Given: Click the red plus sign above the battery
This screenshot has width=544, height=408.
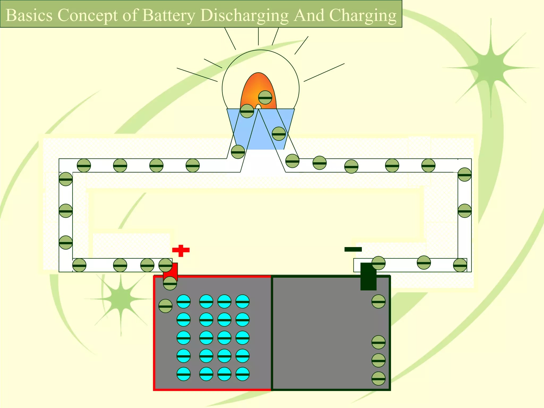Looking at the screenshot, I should coord(181,250).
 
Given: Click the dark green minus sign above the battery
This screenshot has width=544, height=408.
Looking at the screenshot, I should coord(353,249).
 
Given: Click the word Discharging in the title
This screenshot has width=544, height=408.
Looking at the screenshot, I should coord(244,15).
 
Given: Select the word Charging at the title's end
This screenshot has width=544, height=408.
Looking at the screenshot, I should coord(363,15).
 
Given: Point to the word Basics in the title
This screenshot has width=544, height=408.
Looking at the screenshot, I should coord(29,15).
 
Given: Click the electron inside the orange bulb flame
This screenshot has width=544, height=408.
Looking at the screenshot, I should coord(265,97).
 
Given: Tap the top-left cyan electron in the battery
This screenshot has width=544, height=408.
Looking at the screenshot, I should coord(184,301).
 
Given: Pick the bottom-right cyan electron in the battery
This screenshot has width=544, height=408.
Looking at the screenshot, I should coord(242,374).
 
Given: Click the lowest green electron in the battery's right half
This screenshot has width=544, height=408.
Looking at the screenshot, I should coord(378,379).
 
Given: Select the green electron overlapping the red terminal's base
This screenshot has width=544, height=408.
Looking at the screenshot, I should coord(170,283).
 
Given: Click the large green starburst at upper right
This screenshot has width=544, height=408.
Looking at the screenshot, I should coord(490,66).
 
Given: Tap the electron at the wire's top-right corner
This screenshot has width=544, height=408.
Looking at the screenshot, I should coord(464,175).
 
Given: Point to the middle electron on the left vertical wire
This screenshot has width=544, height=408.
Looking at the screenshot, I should coord(66,211).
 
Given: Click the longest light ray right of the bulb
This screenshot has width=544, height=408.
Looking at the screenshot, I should coord(324,72).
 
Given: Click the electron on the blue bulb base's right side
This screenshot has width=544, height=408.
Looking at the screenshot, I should coord(279,134).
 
